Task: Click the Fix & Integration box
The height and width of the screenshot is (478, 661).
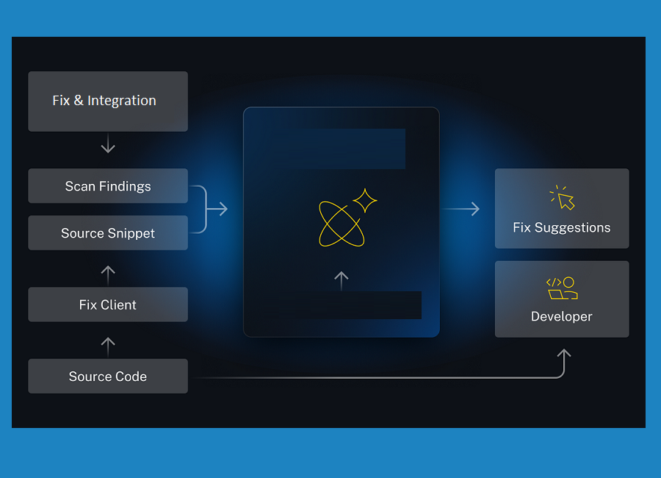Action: click(x=108, y=101)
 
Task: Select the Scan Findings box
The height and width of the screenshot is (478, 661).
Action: click(x=108, y=186)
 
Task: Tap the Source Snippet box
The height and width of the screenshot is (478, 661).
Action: click(x=108, y=233)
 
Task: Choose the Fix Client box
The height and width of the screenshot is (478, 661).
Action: click(x=108, y=304)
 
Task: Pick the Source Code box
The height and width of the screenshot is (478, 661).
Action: click(x=108, y=377)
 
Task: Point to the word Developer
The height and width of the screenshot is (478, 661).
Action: click(x=562, y=317)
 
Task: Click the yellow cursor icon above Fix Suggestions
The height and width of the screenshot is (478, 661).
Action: click(x=563, y=198)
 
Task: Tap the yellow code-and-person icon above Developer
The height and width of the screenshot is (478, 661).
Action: click(x=562, y=288)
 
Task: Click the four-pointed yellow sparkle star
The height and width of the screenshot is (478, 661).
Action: click(x=365, y=201)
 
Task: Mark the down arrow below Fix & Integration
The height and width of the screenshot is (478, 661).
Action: click(x=108, y=146)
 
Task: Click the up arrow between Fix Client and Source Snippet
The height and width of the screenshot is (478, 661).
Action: click(x=108, y=274)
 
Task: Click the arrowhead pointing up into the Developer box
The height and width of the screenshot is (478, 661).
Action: click(x=563, y=354)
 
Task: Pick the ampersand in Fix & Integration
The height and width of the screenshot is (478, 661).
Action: click(x=78, y=101)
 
